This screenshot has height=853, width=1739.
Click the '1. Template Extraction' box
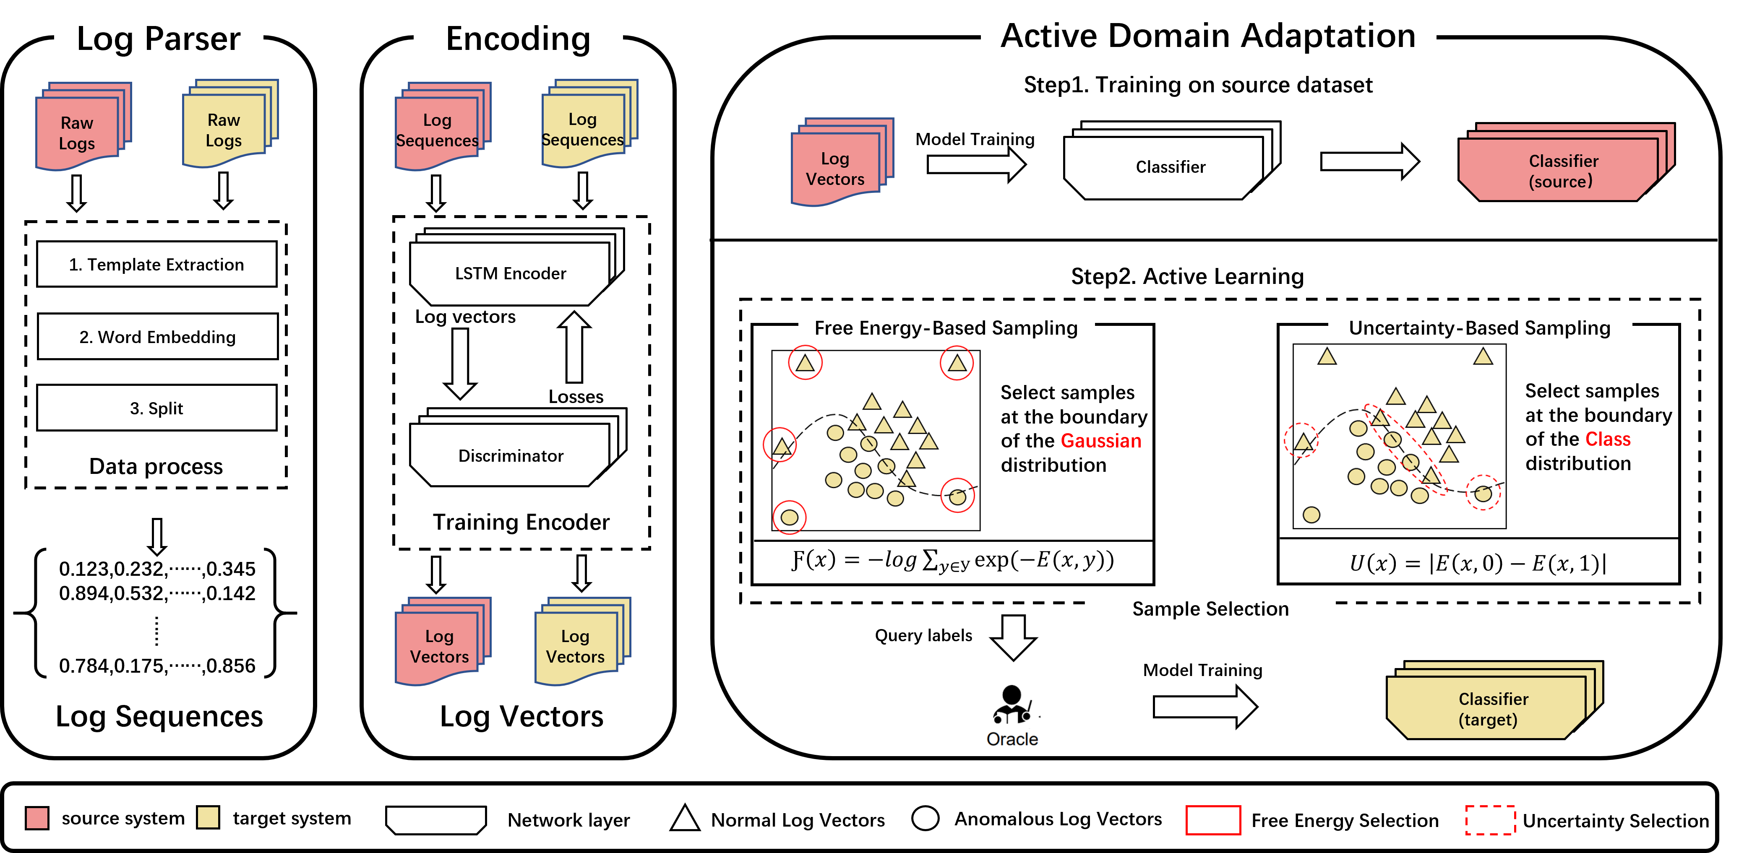point(156,265)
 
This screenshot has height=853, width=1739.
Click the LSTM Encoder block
point(510,274)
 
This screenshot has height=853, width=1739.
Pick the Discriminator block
point(510,455)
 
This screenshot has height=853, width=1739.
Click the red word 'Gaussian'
point(1100,441)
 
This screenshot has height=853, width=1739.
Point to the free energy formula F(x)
point(952,560)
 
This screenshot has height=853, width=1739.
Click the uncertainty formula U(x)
point(1477,563)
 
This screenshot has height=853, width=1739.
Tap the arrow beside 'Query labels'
point(1013,636)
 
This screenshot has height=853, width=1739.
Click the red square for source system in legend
point(37,818)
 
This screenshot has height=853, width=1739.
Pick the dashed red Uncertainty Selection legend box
point(1490,820)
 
